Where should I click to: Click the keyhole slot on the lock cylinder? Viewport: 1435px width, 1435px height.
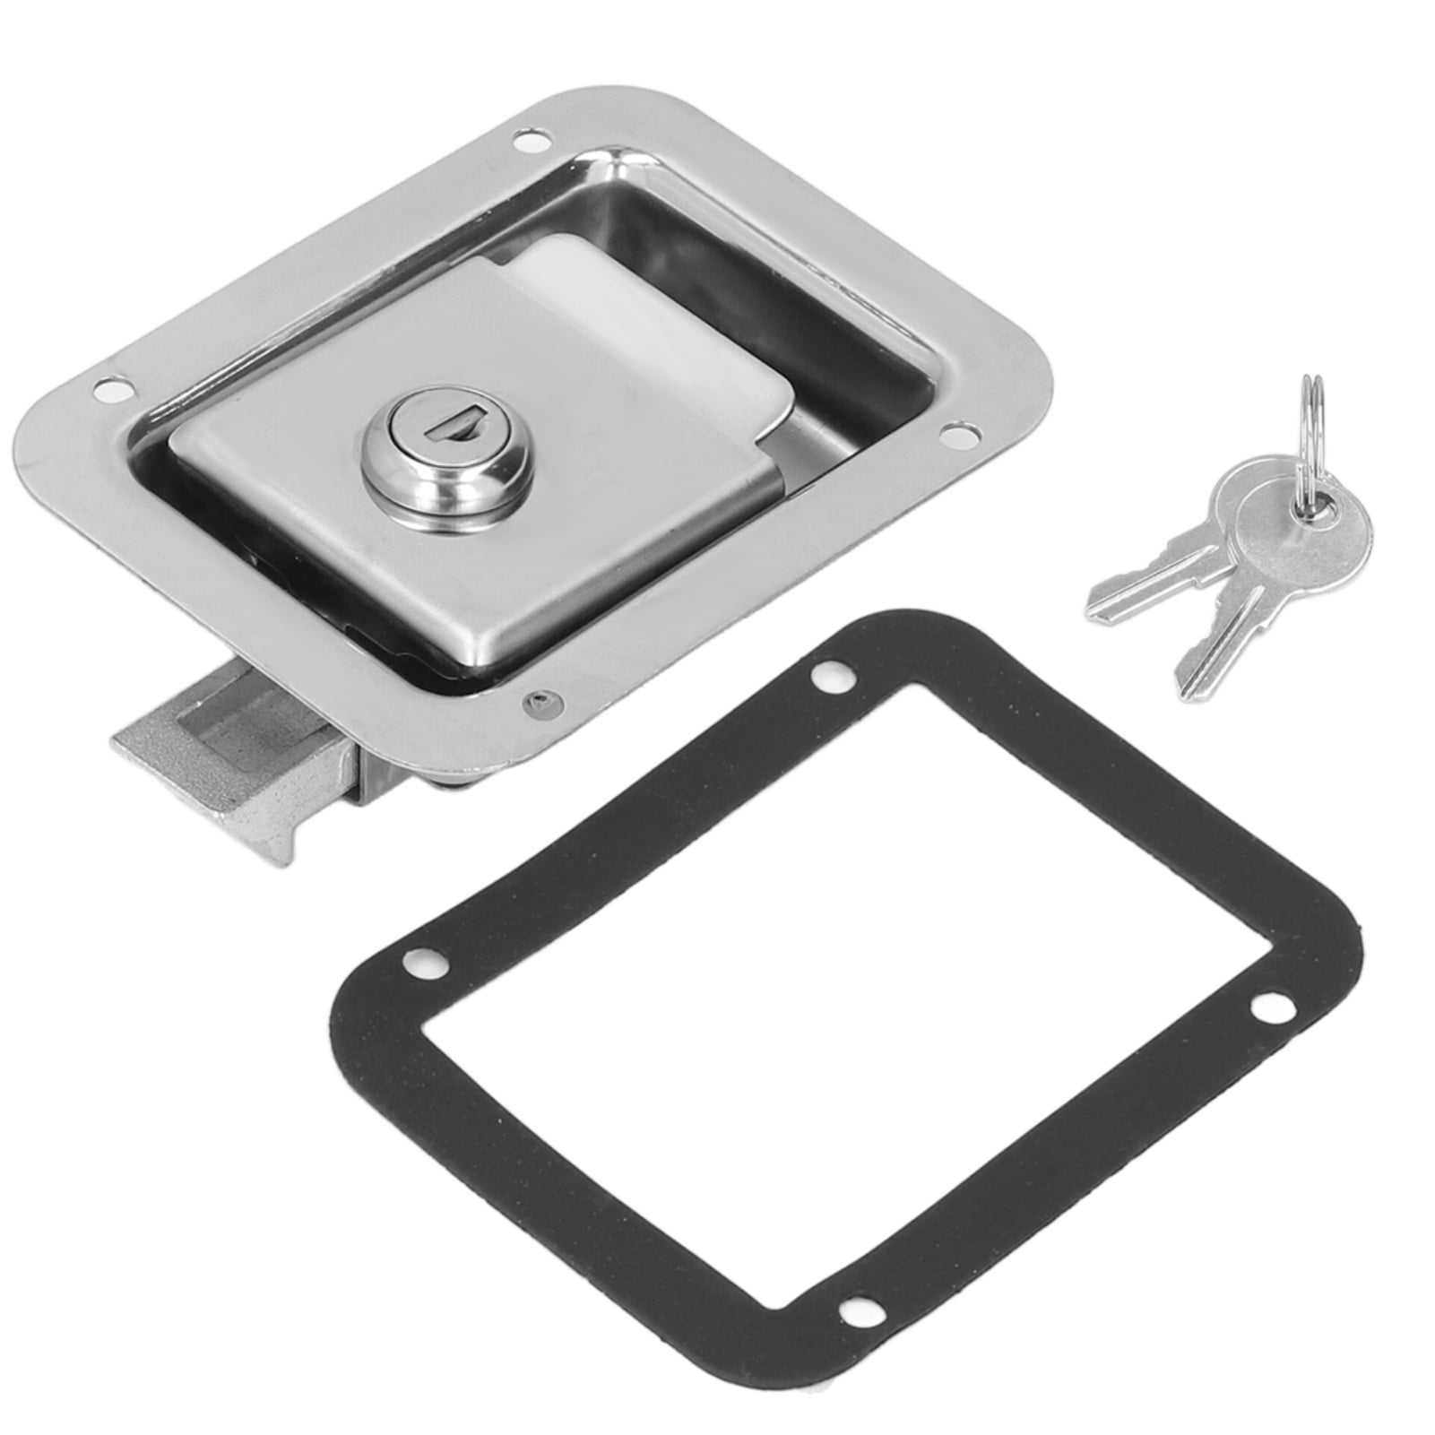pos(446,426)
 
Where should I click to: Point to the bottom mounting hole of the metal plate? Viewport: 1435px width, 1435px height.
pos(538,703)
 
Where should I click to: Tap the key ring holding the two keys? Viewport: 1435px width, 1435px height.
pos(1312,448)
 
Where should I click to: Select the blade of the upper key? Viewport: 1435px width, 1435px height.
pos(1143,582)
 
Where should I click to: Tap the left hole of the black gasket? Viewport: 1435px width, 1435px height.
pos(419,964)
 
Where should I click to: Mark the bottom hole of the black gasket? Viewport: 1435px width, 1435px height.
pos(852,1311)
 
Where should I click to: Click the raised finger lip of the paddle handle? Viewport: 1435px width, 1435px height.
pos(627,296)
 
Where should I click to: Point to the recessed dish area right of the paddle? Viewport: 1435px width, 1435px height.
pos(860,376)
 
